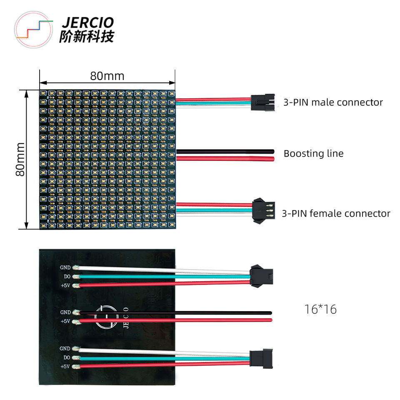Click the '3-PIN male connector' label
[333, 102]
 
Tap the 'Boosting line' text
[313, 153]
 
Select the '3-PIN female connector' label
[336, 214]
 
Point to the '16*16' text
[320, 310]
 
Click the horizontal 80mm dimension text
[107, 76]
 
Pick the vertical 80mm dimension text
[20, 159]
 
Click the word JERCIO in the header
[87, 23]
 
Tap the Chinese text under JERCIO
[87, 37]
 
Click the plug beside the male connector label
[262, 102]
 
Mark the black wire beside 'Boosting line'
[225, 151]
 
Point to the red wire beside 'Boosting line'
[225, 159]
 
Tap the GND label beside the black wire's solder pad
[65, 312]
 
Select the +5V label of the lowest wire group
[65, 367]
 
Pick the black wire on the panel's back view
[175, 312]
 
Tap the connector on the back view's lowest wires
[261, 357]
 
